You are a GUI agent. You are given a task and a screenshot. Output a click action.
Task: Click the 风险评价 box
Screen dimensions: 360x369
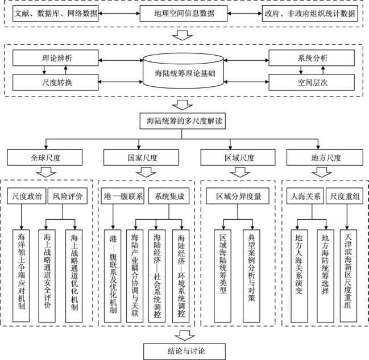point(68,196)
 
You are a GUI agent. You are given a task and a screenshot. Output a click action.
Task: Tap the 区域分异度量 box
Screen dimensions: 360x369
point(234,196)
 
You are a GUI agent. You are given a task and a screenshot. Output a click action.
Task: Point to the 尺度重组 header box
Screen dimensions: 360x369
point(346,196)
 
